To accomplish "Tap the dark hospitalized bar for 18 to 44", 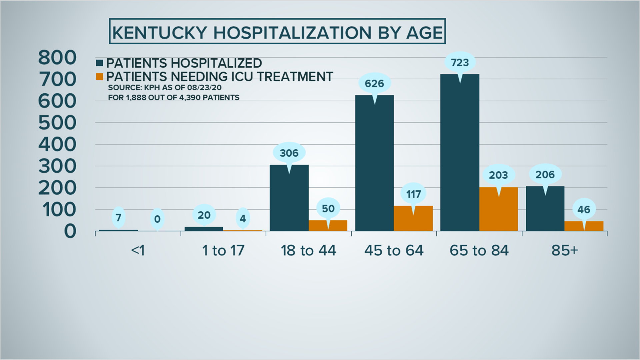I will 289,200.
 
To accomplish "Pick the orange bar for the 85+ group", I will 584,226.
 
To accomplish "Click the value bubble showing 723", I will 460,63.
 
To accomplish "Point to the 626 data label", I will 374,84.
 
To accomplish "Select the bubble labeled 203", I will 498,175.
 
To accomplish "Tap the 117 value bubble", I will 413,194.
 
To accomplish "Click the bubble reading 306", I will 289,153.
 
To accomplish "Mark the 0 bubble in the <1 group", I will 157,219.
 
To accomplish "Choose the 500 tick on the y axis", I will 57,123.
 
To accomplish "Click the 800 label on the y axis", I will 57,58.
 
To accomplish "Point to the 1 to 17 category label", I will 223,250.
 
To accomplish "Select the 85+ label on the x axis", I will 564,250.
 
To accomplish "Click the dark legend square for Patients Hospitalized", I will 99,63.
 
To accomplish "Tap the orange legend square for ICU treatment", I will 99,77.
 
